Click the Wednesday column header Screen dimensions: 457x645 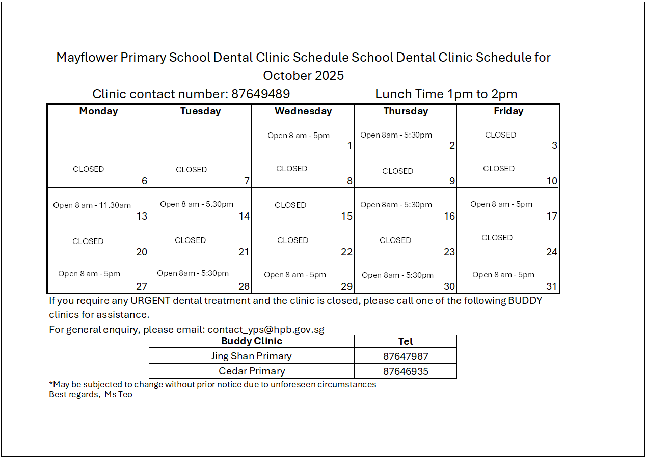(303, 111)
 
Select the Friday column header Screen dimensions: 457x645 (508, 111)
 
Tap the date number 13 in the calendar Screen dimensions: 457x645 (142, 216)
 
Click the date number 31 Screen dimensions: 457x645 (552, 286)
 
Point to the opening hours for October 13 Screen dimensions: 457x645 (92, 205)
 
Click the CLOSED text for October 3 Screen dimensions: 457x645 (500, 135)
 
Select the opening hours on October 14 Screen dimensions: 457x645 (197, 204)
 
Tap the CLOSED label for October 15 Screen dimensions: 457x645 (290, 205)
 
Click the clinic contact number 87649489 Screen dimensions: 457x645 (260, 94)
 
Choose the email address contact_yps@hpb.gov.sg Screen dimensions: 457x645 (265, 329)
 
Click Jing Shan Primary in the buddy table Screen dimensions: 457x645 (252, 356)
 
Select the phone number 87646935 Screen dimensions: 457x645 (406, 371)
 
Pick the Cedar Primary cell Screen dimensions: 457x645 (252, 371)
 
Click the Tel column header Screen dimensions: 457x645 (406, 341)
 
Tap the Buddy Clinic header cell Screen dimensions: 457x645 (252, 341)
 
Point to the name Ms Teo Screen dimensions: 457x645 (118, 395)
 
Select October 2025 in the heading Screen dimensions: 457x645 (303, 76)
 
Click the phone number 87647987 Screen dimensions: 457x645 (406, 356)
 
